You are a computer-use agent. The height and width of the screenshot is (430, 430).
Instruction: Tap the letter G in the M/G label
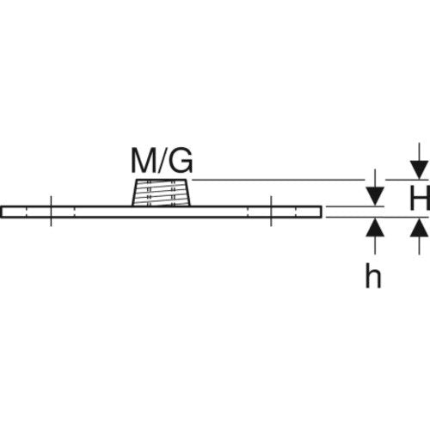tap(181, 161)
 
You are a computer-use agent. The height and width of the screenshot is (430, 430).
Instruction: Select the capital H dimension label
tap(420, 198)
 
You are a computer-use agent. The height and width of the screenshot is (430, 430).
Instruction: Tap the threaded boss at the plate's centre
tap(161, 193)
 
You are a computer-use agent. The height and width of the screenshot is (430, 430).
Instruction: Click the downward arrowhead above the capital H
tap(419, 169)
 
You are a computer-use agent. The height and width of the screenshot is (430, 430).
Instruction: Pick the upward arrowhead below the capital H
tap(419, 228)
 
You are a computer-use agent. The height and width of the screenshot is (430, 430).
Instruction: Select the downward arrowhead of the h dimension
tap(375, 196)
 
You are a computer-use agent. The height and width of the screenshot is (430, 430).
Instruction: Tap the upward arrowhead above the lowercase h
tap(375, 228)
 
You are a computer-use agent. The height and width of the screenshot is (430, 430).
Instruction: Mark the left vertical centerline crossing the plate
tap(51, 212)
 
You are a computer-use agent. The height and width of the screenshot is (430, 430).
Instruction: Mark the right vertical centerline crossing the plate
tap(271, 212)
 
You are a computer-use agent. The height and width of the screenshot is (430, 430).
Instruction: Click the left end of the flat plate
tap(1, 212)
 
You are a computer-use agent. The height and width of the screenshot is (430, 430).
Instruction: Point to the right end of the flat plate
tap(321, 212)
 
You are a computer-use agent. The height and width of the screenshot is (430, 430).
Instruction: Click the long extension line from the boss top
tap(278, 180)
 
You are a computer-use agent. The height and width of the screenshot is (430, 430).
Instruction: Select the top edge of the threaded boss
tap(161, 180)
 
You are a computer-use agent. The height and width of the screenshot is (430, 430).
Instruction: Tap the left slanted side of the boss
tap(134, 193)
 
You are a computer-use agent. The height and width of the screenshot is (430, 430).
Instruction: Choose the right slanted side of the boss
tap(187, 193)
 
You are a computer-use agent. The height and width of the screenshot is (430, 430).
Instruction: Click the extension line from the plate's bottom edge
tap(378, 218)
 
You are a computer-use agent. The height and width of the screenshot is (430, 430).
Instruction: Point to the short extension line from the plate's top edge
tap(354, 206)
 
